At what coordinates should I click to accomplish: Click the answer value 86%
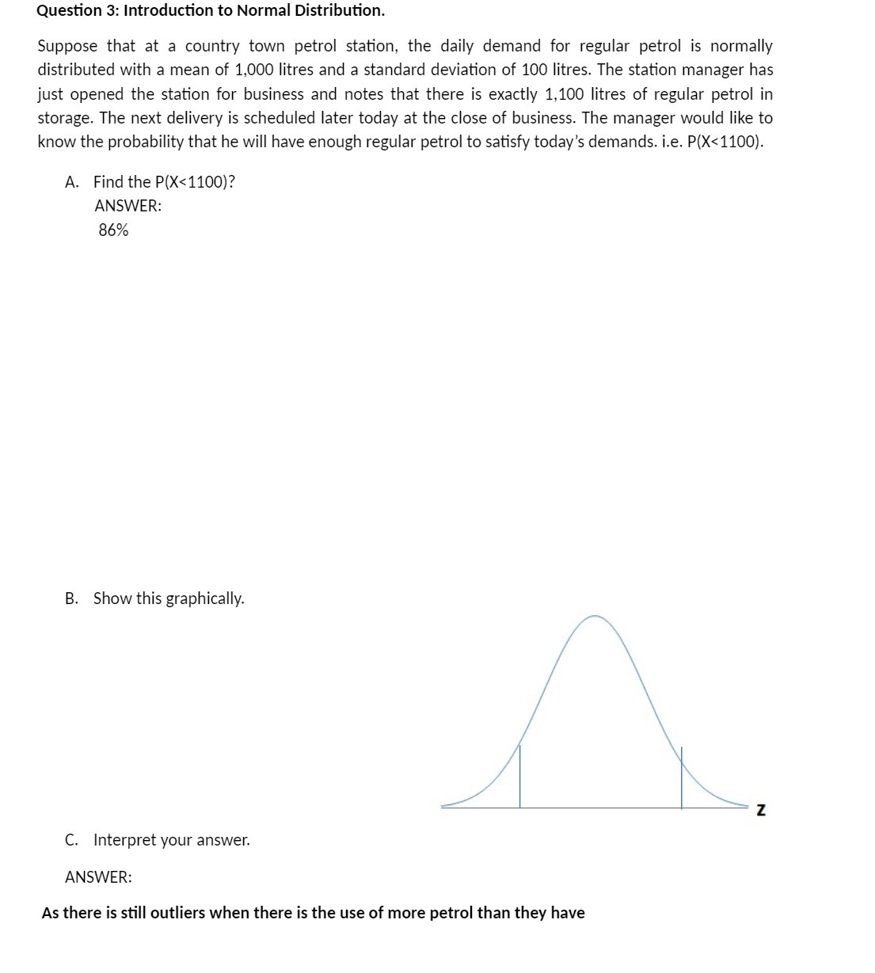coord(113,230)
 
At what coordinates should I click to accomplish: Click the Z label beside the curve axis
coord(761,810)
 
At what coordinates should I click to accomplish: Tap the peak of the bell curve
coord(595,616)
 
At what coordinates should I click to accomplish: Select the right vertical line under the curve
coord(682,777)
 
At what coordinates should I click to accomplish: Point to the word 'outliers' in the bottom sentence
coord(178,913)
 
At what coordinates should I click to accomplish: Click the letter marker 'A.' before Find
coord(72,182)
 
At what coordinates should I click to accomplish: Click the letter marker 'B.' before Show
coord(72,599)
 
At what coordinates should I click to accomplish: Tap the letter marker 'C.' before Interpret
coord(72,840)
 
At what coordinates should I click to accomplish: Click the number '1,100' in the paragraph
coord(564,94)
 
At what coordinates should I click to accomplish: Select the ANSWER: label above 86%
coord(127,206)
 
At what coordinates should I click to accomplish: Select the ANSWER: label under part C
coord(98,877)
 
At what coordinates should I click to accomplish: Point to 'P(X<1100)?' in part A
coord(195,182)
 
